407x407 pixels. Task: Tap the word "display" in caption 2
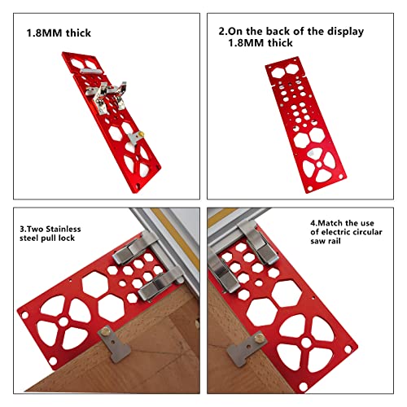pyautogui.click(x=339, y=32)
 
